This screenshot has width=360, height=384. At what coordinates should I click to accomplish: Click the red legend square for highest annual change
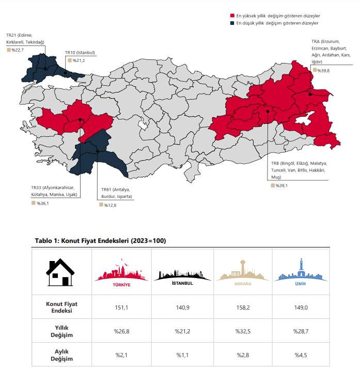pos(232,17)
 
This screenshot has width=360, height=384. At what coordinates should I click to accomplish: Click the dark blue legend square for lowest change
pos(232,23)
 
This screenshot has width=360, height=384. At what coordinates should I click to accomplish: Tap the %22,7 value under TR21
pos(17,50)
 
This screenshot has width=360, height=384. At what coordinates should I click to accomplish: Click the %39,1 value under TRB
pos(281,185)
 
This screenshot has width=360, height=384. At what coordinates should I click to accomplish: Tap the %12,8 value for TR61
pos(109,205)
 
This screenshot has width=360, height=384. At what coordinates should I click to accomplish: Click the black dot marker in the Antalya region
pos(97,151)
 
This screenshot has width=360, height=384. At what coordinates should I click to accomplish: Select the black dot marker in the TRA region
pos(309,94)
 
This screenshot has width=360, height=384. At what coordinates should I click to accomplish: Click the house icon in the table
pos(61,272)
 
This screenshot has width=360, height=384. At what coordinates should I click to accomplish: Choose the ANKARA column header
pos(243,274)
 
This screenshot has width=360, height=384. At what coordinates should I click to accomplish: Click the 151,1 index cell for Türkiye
pos(121,308)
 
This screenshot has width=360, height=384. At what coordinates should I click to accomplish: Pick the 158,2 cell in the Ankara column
pos(243,308)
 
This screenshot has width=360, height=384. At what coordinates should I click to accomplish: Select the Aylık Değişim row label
pos(61,355)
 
